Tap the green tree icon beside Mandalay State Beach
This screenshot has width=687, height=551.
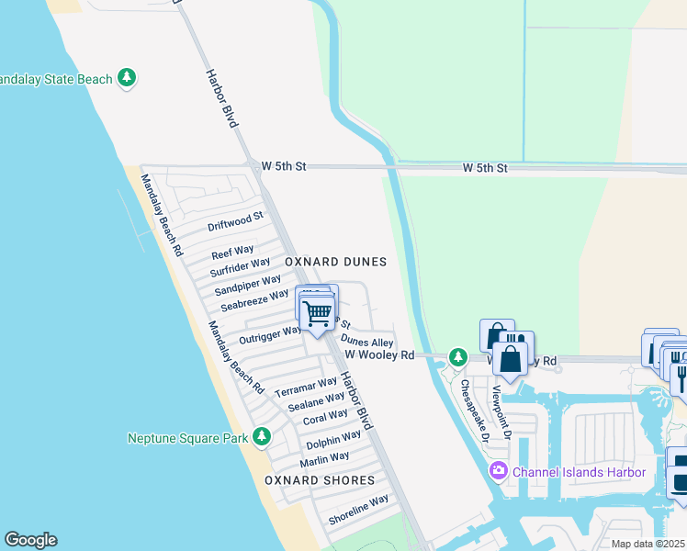128,79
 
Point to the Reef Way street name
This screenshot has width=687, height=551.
232,252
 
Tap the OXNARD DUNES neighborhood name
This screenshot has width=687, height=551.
335,262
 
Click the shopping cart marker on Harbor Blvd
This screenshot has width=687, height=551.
318,314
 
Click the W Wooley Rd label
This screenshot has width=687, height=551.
379,354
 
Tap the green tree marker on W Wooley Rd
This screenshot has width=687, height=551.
457,356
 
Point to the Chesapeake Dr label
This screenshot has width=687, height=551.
477,409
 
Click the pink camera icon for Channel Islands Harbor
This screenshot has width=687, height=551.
498,472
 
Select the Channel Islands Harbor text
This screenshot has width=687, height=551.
580,472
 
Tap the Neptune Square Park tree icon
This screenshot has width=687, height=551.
263,436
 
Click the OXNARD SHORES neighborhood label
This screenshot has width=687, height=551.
320,480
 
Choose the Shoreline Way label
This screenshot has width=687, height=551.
359,511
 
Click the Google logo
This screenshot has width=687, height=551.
30,540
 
